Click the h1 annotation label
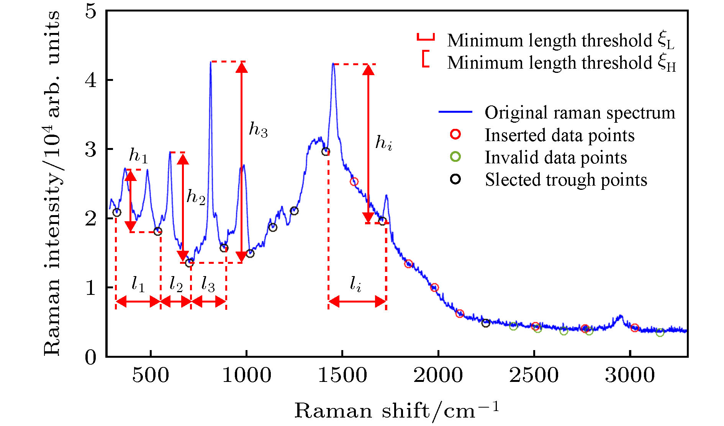pos(138,155)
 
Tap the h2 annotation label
pos(196,197)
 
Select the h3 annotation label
pos(258,130)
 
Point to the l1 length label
pos(138,285)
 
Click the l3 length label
pos(208,285)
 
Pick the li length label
pos(355,285)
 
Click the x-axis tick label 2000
pos(438,375)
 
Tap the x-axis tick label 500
pos(151,375)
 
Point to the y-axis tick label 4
pos(91,80)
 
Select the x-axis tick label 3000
pos(630,375)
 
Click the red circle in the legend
pos(455,134)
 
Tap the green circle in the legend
pos(455,156)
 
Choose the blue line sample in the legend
pos(455,112)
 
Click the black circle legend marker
pos(455,179)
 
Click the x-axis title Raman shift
pos(397,411)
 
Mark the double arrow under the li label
pos(357,302)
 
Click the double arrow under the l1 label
pos(138,302)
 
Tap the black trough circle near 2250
pos(486,323)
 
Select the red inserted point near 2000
pos(434,288)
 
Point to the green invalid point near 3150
pos(660,332)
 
